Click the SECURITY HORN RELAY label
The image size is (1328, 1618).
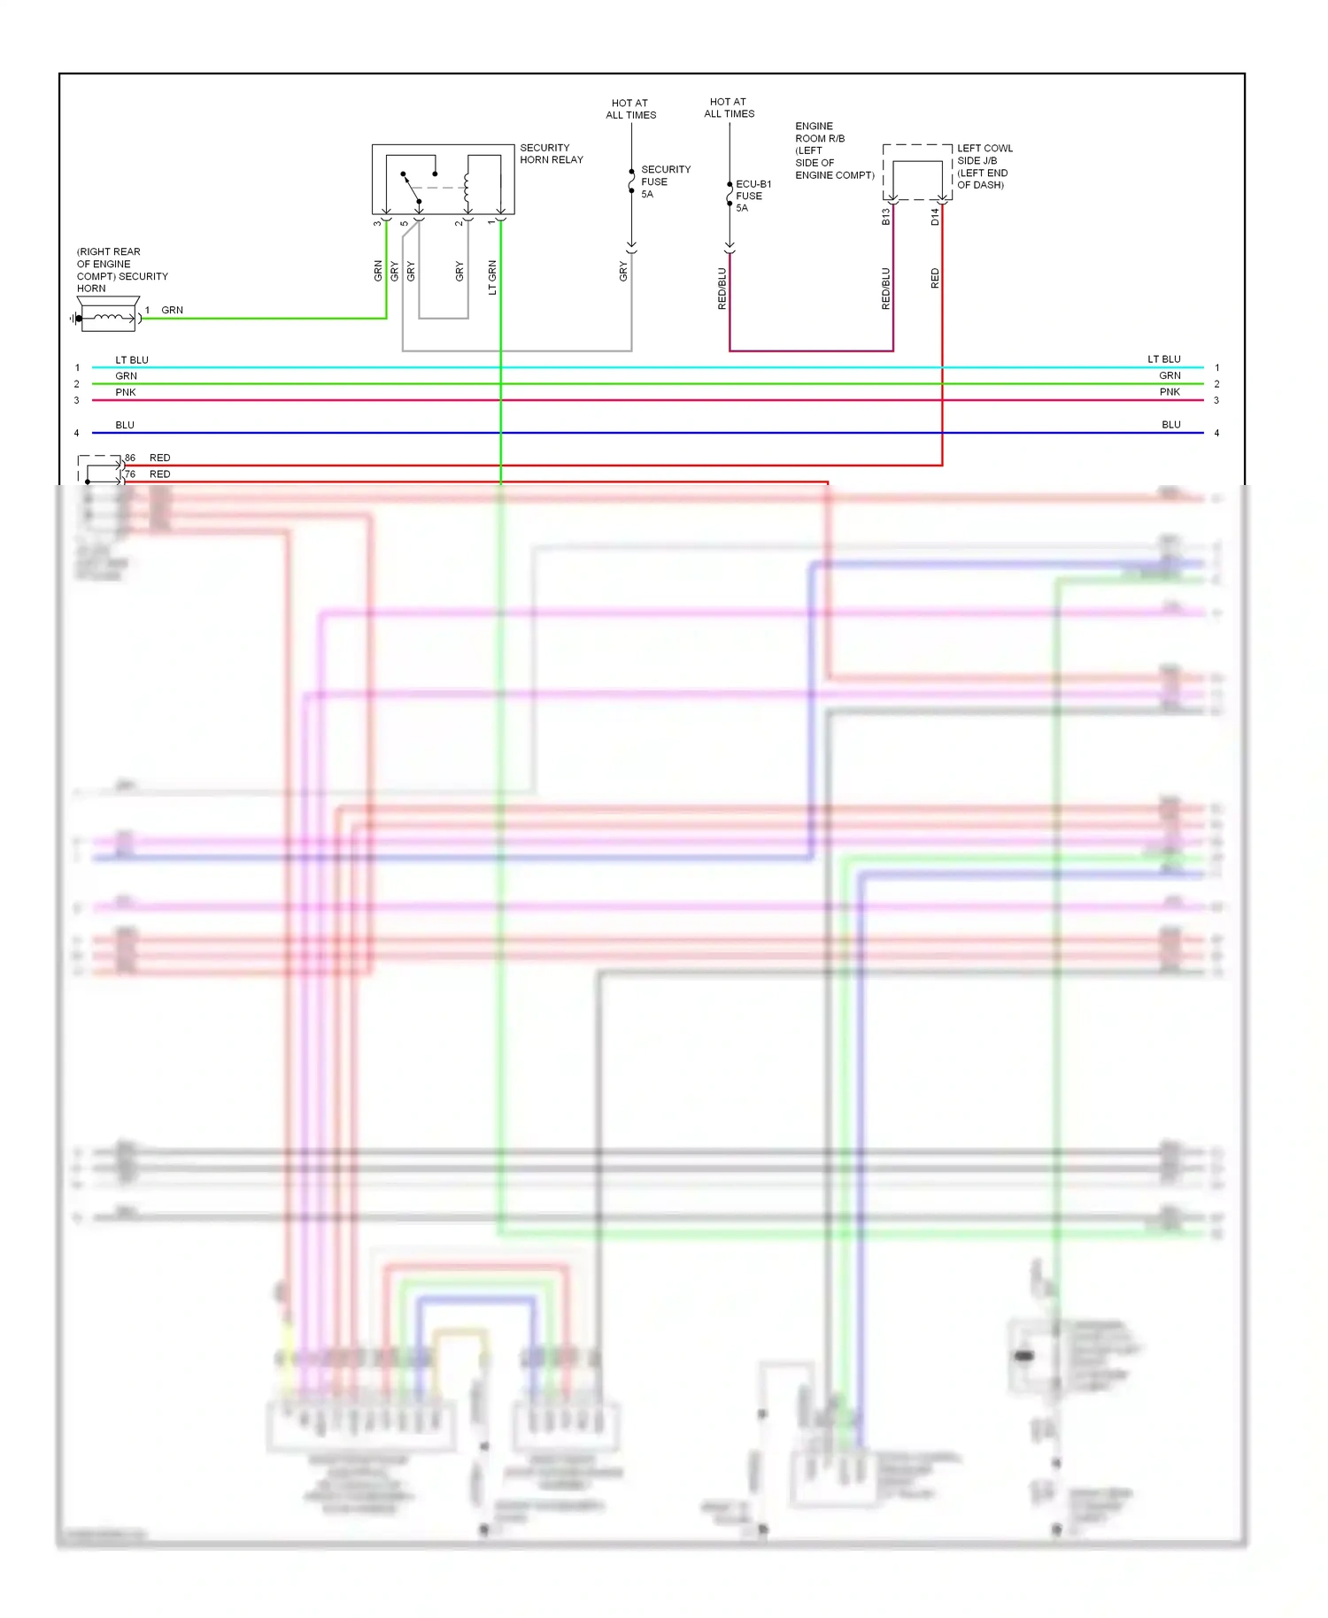point(551,154)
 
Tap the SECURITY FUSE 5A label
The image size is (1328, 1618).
point(664,181)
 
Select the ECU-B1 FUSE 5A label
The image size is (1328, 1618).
point(752,196)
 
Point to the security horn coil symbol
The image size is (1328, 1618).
point(108,318)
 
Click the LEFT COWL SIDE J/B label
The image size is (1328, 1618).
point(984,166)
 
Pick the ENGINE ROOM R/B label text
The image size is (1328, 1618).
point(833,150)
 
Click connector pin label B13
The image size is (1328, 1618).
point(885,217)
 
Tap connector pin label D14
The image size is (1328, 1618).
point(935,217)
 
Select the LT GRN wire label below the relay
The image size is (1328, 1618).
point(492,277)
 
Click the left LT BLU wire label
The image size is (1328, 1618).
point(132,360)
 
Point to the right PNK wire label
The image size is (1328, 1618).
point(1170,392)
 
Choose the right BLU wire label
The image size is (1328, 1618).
point(1170,425)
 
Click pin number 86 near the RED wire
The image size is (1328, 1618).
point(130,458)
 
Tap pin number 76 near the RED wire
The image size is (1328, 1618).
point(130,474)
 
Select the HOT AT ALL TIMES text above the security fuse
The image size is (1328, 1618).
point(630,109)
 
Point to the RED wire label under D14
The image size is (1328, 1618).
point(935,279)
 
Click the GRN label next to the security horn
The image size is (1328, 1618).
point(172,311)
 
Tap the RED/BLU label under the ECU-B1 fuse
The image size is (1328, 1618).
point(722,288)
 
